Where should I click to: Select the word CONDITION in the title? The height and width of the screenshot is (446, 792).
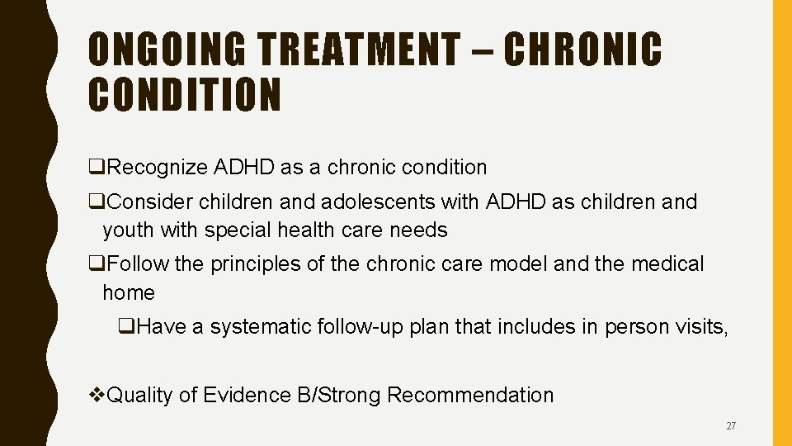coord(185,95)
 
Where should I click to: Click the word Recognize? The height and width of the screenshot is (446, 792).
coord(158,168)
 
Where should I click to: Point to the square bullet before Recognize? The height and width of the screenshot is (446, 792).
coord(96,168)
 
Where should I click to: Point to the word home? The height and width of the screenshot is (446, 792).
coord(128,293)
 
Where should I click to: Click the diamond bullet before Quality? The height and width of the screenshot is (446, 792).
coord(97,396)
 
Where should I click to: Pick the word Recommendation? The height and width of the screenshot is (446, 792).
coord(470,396)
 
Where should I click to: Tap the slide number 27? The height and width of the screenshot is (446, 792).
coord(731,426)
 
